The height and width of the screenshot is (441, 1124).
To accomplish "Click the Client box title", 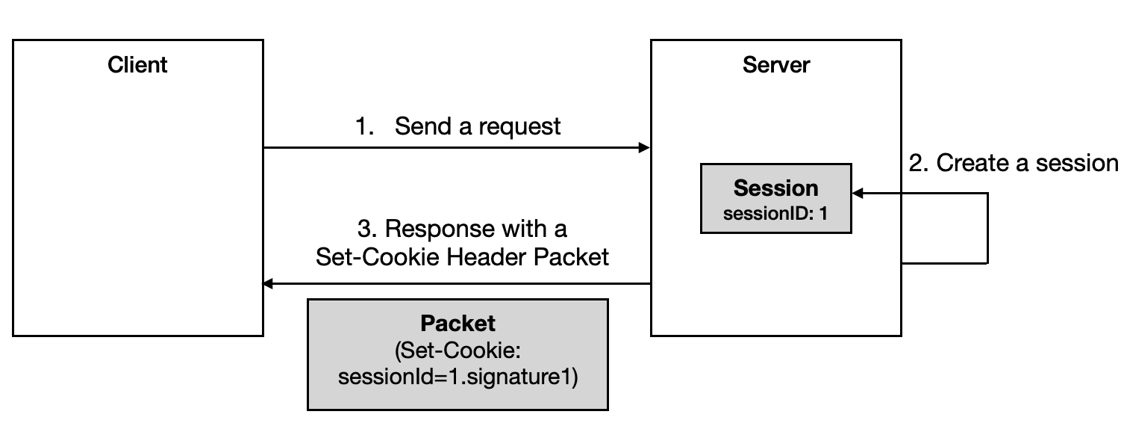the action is click(x=137, y=65).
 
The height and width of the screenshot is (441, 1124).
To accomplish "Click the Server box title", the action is click(x=775, y=65).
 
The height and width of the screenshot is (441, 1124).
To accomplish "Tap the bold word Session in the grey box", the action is click(x=775, y=188).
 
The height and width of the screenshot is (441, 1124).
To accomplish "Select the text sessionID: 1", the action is click(x=775, y=214).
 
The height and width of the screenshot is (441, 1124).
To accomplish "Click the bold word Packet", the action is click(x=458, y=323).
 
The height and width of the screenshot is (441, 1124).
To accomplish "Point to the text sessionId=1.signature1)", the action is click(x=458, y=377).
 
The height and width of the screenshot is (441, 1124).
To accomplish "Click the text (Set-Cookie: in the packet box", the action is click(x=458, y=350).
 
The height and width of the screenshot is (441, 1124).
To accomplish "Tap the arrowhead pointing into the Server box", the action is click(x=644, y=148).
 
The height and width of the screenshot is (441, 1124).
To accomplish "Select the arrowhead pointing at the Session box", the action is click(x=858, y=193).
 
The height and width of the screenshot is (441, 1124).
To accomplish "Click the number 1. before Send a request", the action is click(x=364, y=126).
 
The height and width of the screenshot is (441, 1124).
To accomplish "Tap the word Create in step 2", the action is click(x=972, y=163).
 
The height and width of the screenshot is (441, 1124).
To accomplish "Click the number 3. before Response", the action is click(x=366, y=229).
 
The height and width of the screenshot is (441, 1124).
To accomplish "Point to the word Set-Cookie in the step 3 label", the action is click(x=378, y=257).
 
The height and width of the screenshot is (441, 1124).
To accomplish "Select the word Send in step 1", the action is click(x=423, y=126).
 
